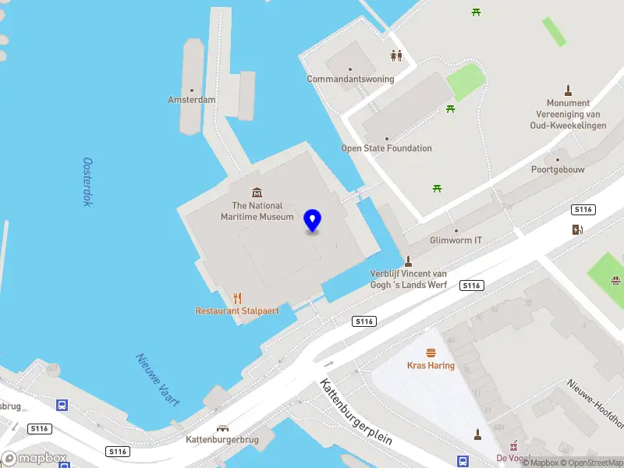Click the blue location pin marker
(x=313, y=221)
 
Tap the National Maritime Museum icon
(x=257, y=193)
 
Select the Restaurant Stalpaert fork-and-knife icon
(x=238, y=297)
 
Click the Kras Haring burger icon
(x=431, y=353)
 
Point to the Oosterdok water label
(x=87, y=182)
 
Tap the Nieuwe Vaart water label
(x=158, y=380)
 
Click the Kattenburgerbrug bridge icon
(x=223, y=428)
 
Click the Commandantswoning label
(x=350, y=79)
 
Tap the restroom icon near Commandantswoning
(x=397, y=55)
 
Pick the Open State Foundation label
(x=386, y=148)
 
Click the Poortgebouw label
(x=558, y=169)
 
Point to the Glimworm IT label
(x=456, y=240)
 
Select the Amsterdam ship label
(x=192, y=100)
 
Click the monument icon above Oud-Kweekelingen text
(x=568, y=90)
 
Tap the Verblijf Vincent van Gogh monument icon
(x=408, y=261)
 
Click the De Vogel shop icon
(x=513, y=445)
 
